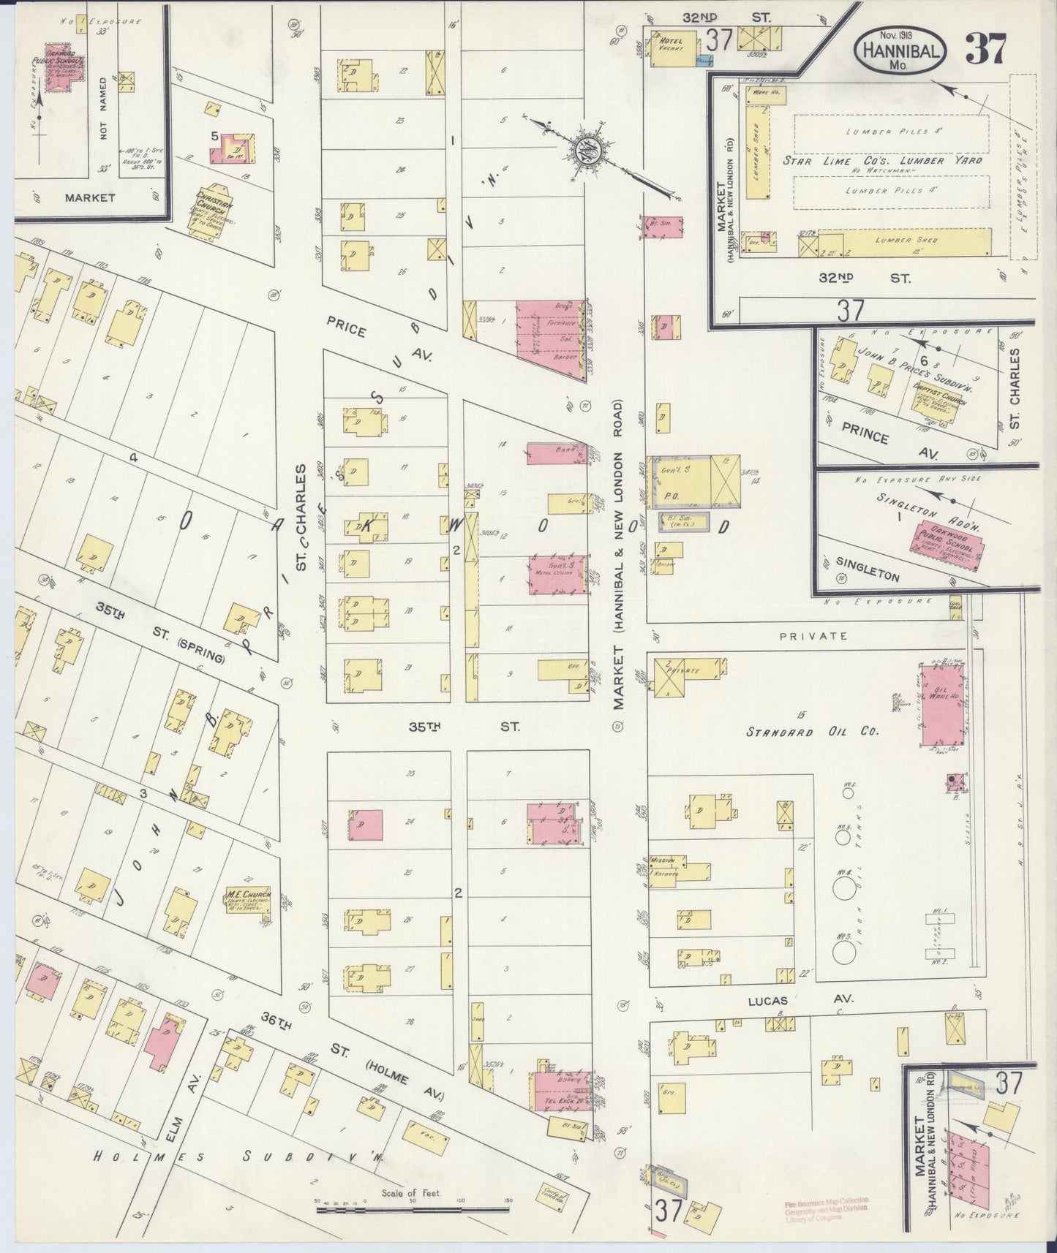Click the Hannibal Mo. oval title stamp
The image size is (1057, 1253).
click(x=901, y=50)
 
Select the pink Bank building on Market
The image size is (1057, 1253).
click(x=557, y=454)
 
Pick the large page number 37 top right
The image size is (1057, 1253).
click(x=986, y=49)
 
